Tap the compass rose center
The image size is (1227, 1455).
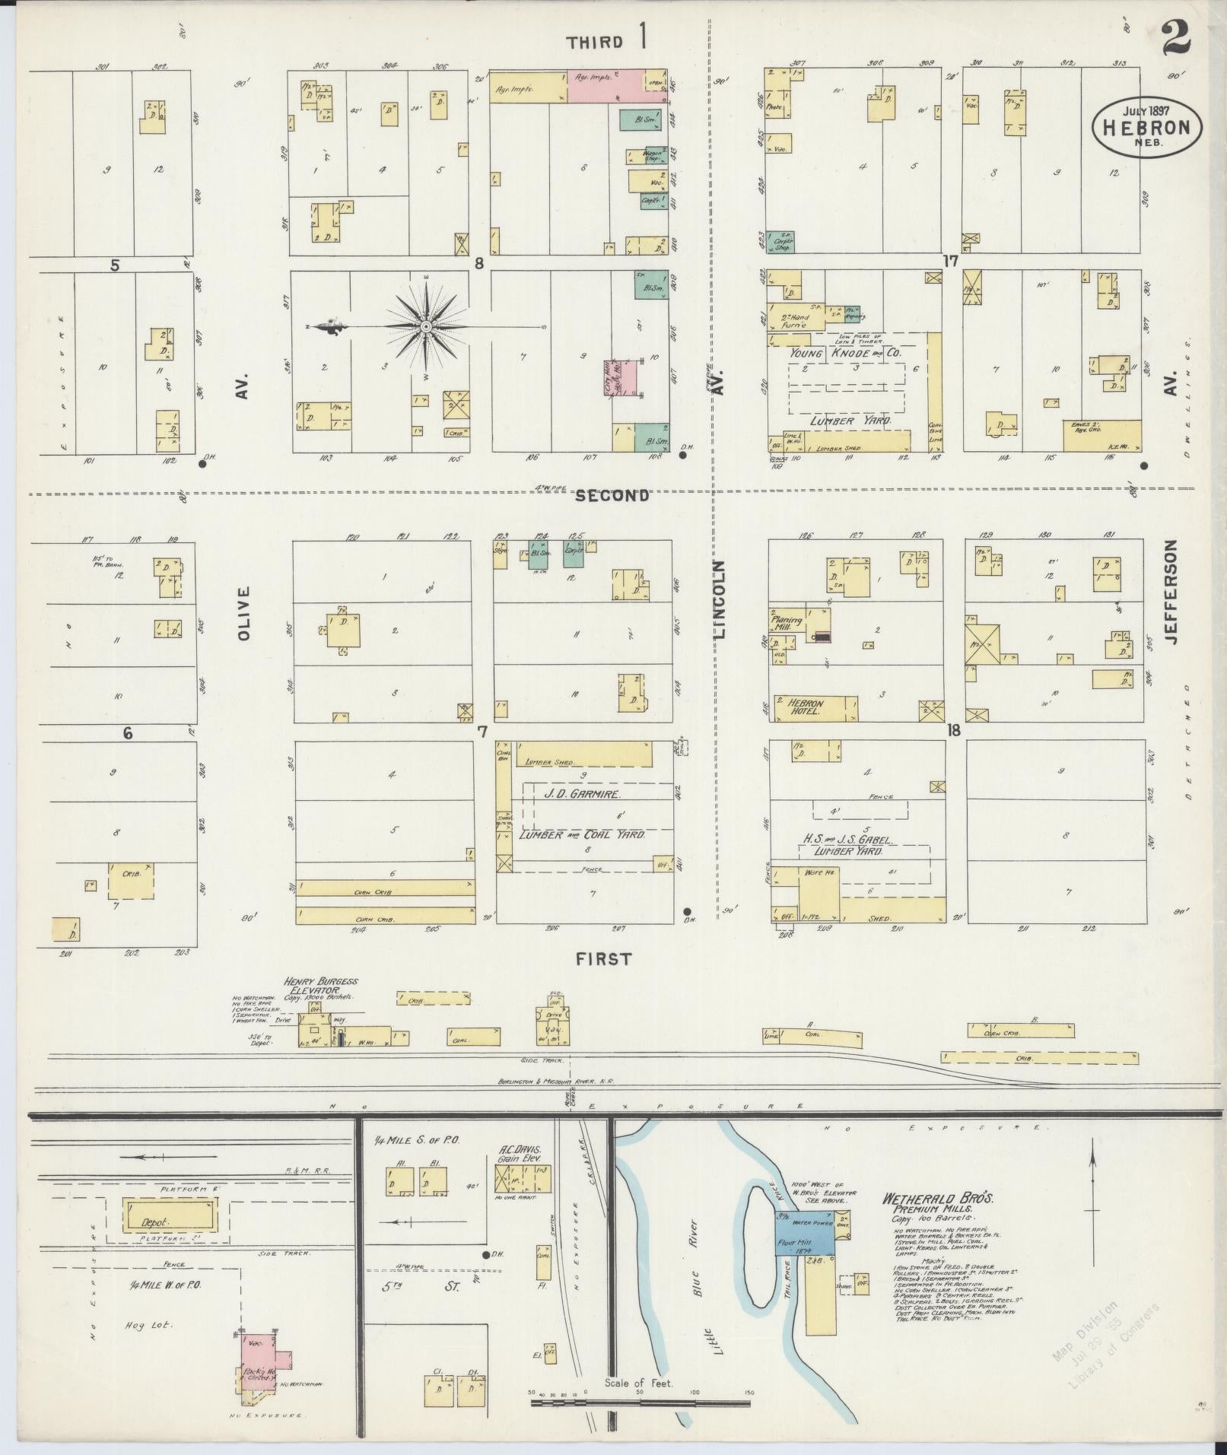426,326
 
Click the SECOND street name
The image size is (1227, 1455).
612,496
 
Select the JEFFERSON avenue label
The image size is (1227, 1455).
1170,592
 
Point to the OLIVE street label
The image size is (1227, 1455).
243,612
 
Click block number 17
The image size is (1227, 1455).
949,261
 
